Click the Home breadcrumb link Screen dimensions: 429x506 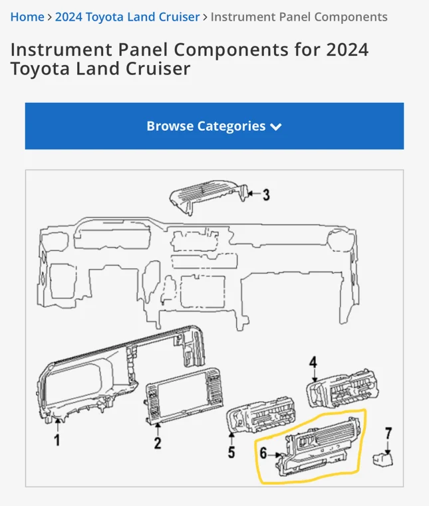27,17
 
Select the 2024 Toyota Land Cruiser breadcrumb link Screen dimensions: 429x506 128,17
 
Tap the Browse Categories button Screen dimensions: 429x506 214,126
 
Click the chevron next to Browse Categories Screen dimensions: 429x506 276,127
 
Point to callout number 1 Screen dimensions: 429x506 57,440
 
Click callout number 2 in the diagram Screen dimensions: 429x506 158,443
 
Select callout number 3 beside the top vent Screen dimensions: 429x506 266,195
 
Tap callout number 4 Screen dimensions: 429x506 313,362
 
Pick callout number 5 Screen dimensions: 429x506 231,452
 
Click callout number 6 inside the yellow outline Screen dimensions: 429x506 263,453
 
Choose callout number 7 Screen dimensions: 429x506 388,434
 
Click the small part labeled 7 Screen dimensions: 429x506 382,460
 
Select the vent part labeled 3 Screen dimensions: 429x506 209,196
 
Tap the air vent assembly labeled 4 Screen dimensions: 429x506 343,388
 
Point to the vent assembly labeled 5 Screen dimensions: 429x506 261,414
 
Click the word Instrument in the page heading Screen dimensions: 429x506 61,50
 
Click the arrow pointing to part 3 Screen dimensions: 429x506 254,194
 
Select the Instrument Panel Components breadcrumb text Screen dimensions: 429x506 299,17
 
